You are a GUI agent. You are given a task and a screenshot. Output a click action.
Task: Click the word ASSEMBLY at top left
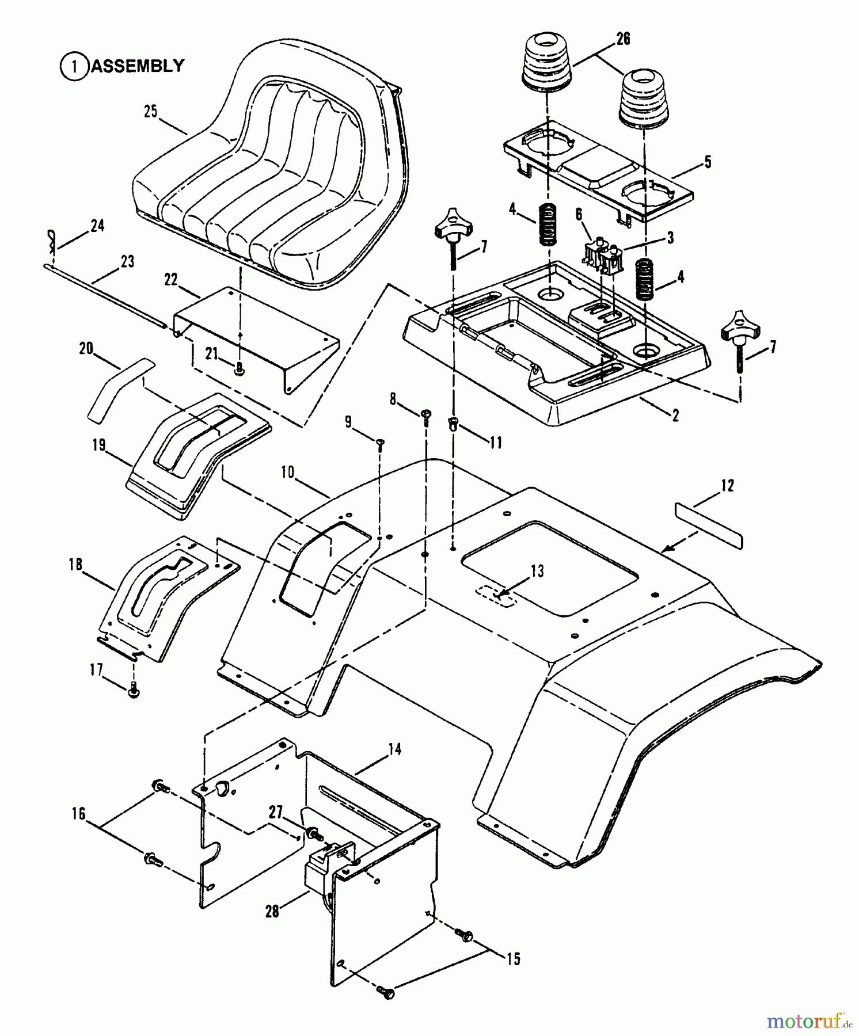[138, 66]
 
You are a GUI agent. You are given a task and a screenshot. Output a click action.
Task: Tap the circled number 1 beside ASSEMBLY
[74, 67]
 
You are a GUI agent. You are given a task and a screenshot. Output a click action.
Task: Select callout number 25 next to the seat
[150, 112]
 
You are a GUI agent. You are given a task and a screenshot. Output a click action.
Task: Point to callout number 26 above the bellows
[623, 39]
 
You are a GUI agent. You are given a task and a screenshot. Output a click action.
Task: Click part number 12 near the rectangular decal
[727, 486]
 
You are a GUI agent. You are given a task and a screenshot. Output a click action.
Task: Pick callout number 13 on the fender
[537, 572]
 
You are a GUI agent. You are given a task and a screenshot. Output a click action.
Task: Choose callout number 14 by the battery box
[394, 749]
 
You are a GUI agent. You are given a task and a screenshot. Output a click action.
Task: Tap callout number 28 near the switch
[272, 911]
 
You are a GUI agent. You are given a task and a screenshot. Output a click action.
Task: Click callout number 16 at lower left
[78, 814]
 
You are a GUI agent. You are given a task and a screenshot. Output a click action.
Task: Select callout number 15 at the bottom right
[513, 958]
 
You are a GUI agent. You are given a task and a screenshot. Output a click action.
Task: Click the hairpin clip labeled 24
[51, 241]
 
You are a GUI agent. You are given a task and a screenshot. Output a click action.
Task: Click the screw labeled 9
[380, 443]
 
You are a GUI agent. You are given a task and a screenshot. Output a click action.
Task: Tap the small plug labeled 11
[453, 424]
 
